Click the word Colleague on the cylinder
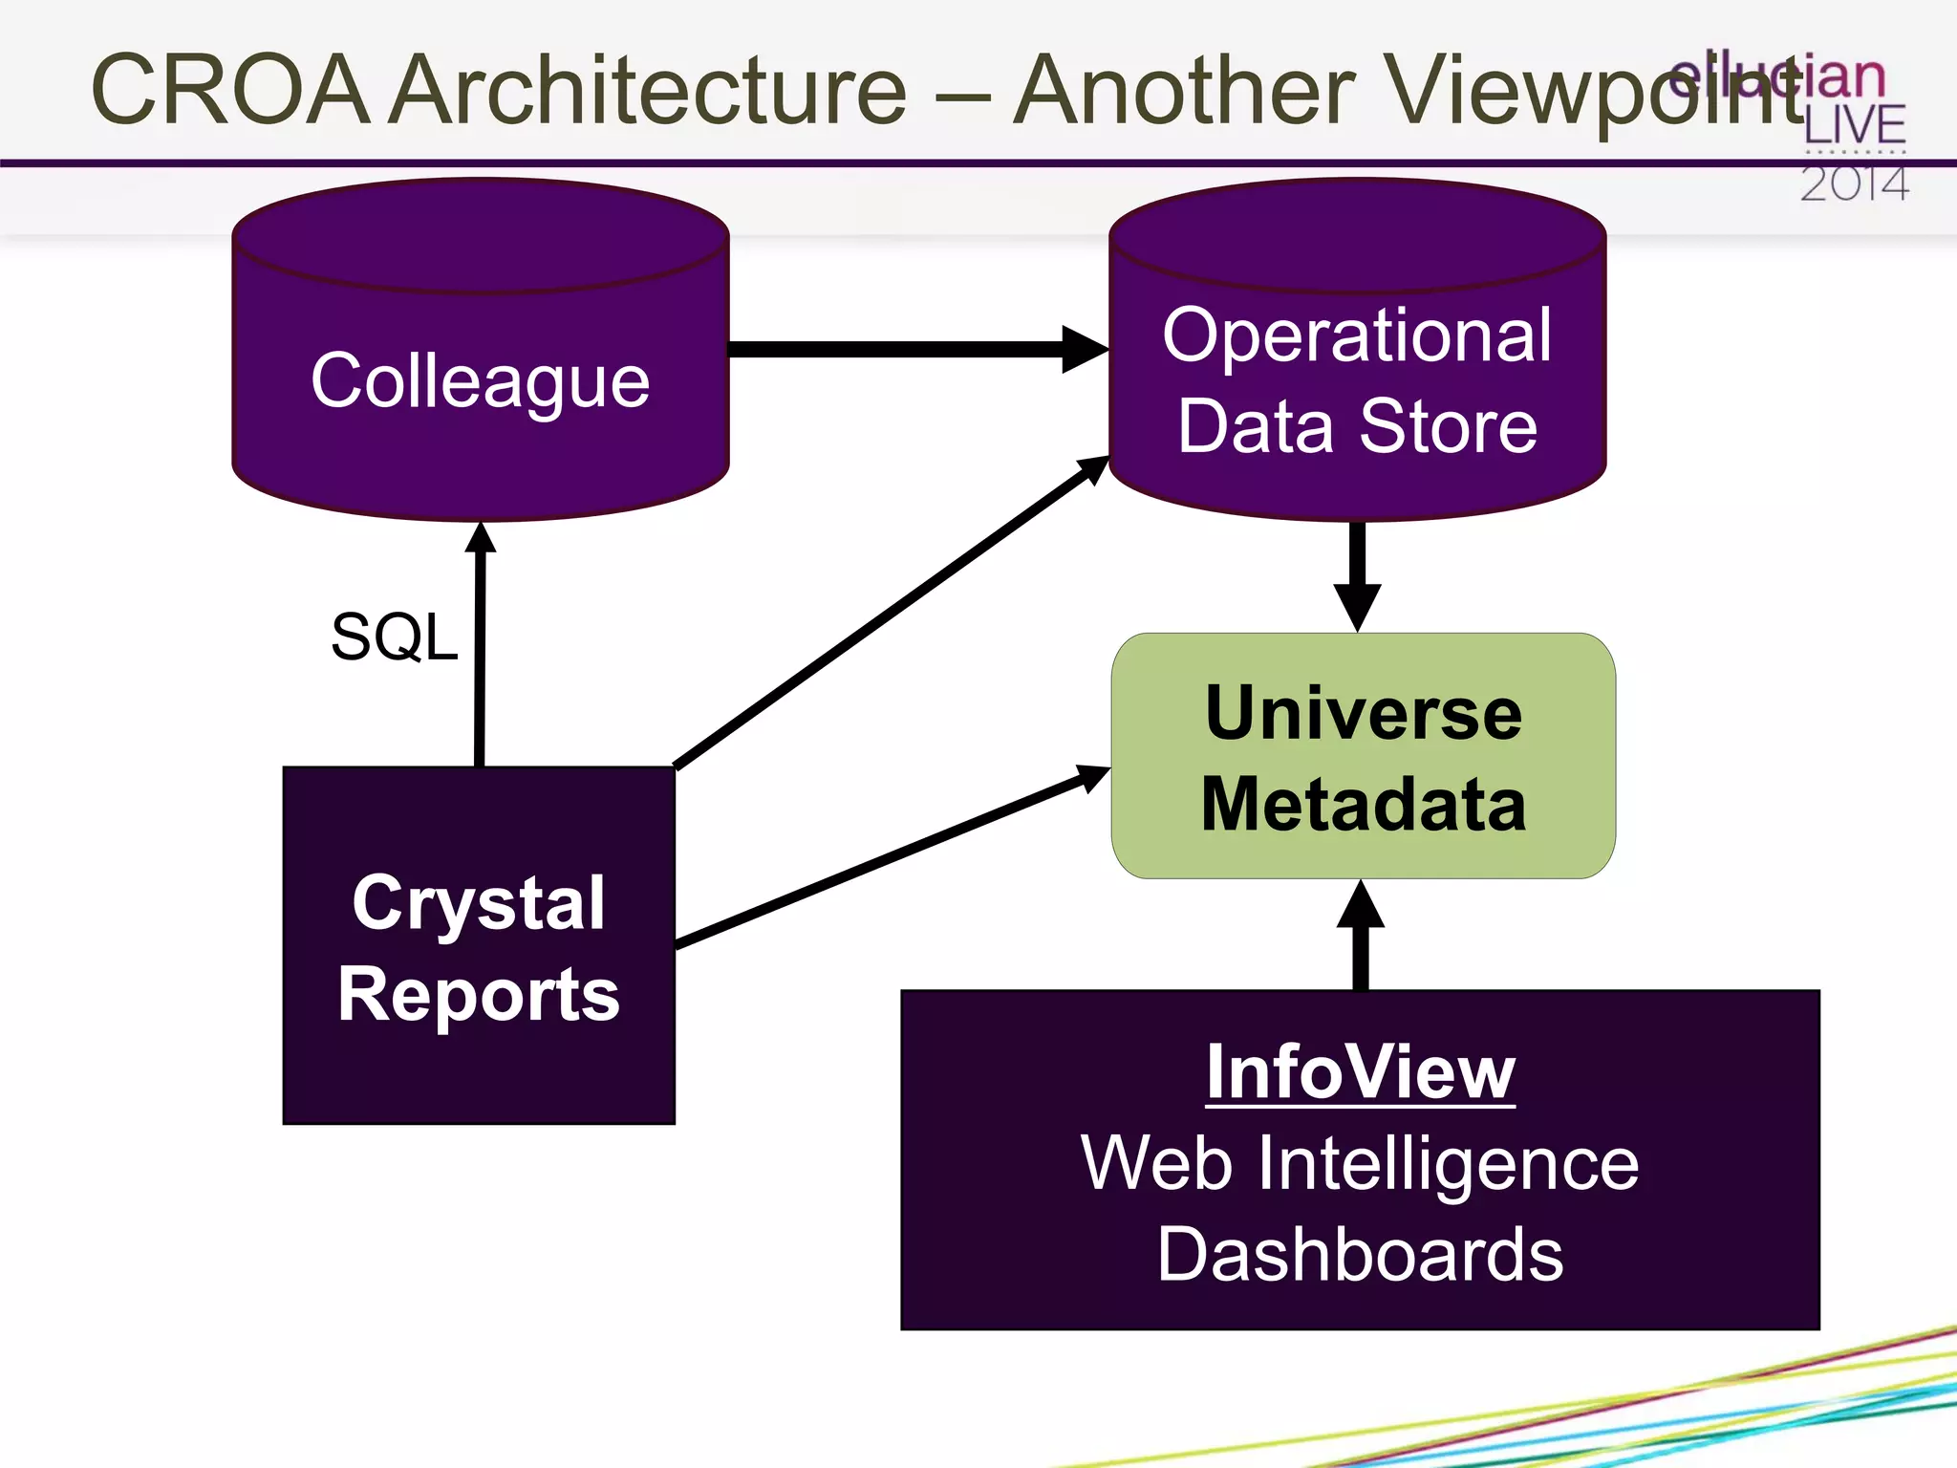pos(480,380)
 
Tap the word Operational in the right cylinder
pos(1357,335)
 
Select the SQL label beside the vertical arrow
pos(394,637)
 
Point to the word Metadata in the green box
pos(1364,804)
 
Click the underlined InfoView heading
pos(1360,1072)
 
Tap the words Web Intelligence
pos(1360,1163)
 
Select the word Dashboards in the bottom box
pos(1360,1254)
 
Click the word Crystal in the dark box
pos(479,902)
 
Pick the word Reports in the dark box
pos(479,994)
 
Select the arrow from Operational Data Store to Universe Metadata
pos(1357,573)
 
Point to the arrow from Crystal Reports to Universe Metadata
pos(889,857)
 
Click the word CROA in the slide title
pos(229,90)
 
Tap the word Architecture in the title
pos(650,90)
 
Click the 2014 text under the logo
pos(1854,184)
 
